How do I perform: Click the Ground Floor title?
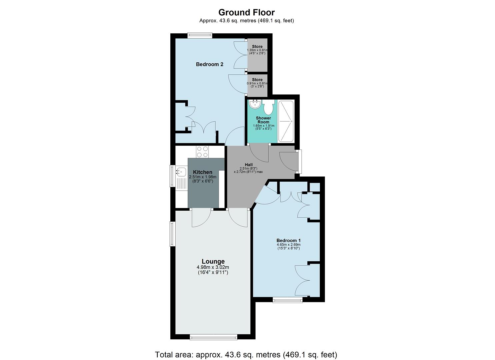tap(246, 12)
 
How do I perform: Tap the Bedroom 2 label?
tap(209, 64)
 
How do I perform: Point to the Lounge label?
tap(213, 261)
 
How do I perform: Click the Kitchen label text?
tap(202, 172)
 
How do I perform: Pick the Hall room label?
tap(249, 165)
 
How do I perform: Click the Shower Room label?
tap(263, 120)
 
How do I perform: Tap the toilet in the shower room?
tap(268, 107)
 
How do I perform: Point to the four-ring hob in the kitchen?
tap(202, 152)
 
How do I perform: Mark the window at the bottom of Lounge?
tap(214, 337)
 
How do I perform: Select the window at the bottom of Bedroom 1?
tap(288, 300)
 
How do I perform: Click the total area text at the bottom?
tap(246, 354)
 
